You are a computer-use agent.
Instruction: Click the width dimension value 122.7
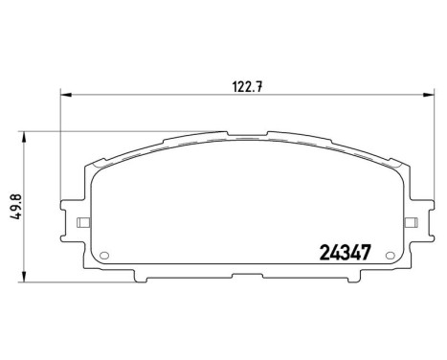244,84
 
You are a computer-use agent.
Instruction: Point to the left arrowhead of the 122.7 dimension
66,94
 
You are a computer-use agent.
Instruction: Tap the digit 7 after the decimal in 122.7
258,84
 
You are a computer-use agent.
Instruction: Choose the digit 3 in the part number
343,254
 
